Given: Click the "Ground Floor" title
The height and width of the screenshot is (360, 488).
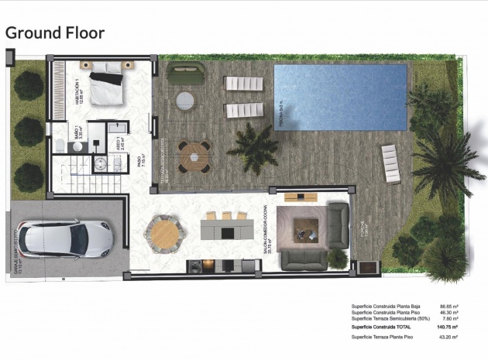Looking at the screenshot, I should point(54,33).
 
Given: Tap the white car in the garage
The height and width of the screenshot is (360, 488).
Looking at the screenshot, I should point(65,239).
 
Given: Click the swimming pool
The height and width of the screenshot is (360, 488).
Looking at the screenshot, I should point(341,97).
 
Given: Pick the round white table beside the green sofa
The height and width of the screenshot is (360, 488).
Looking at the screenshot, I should point(185,101).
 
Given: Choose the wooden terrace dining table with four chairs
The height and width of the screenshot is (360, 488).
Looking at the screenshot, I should point(191,155).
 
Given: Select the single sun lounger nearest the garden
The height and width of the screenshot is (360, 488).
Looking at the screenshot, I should point(391,163).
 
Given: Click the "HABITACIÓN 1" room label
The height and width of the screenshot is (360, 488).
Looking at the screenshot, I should point(78,91).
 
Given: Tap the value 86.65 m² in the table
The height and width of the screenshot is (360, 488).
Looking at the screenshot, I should point(448,306).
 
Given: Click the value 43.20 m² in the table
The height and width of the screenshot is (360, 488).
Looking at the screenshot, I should point(448,338).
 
